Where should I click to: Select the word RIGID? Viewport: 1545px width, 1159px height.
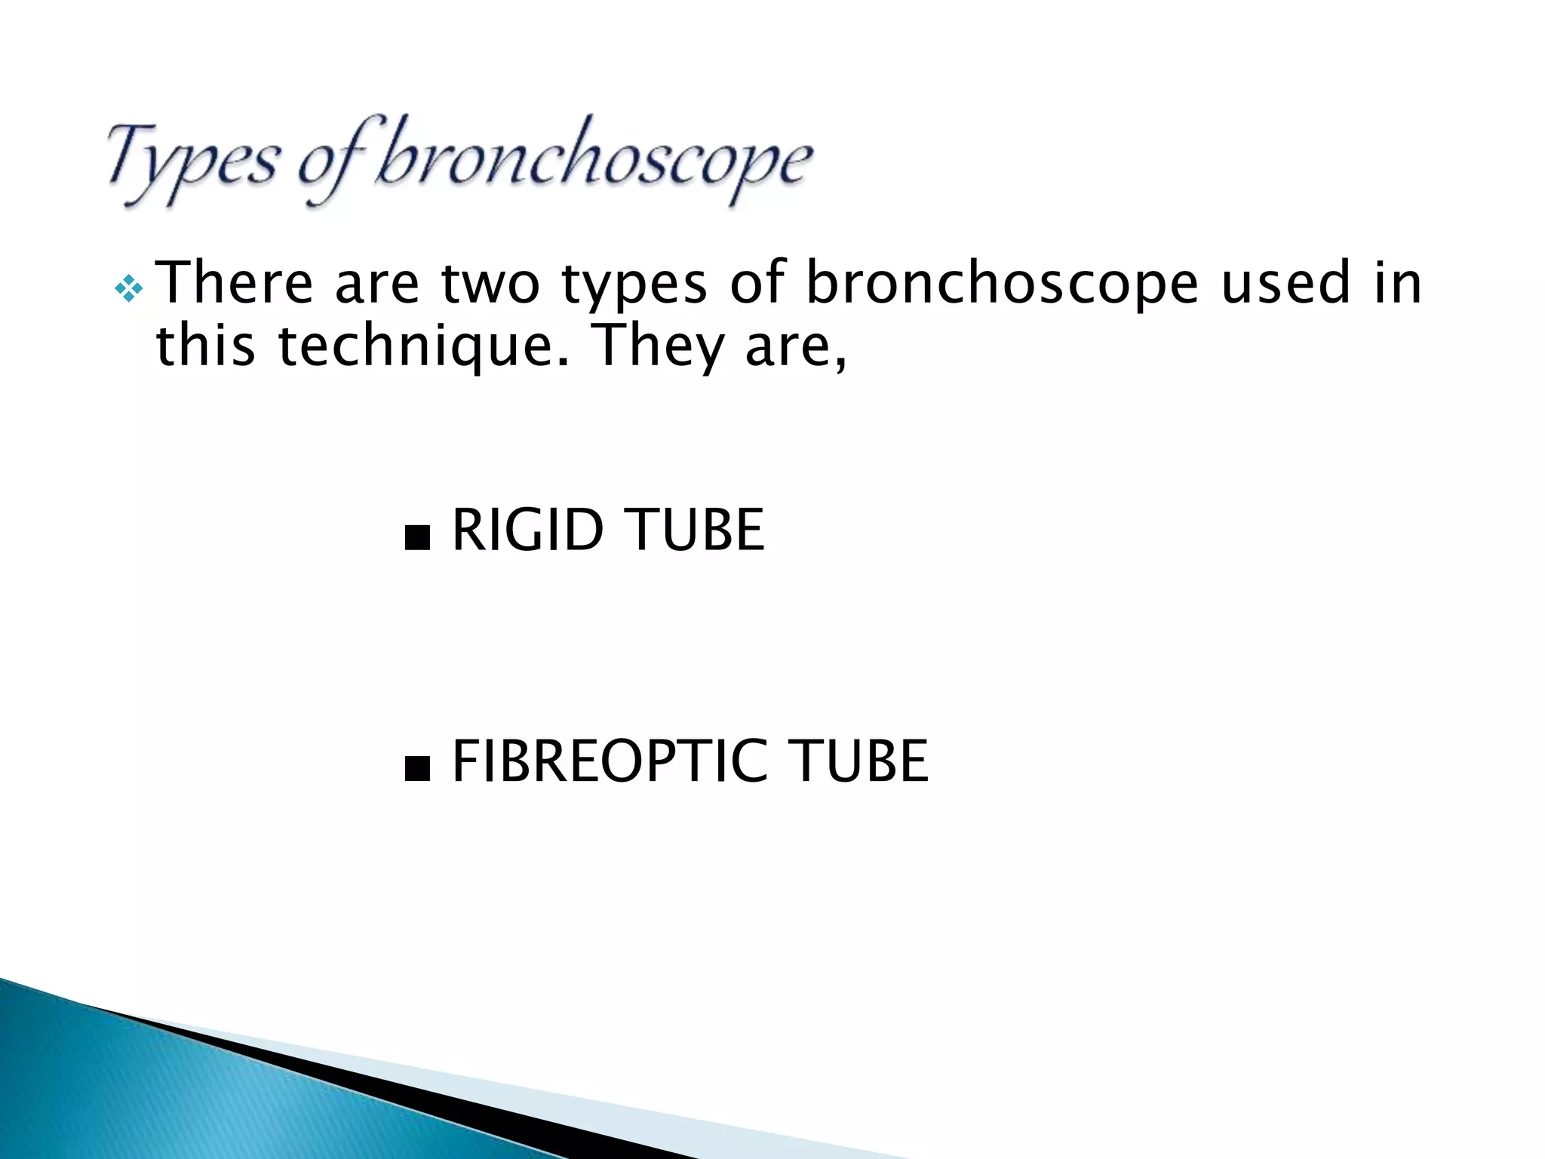pyautogui.click(x=527, y=530)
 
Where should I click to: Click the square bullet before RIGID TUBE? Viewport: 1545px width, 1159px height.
pyautogui.click(x=417, y=539)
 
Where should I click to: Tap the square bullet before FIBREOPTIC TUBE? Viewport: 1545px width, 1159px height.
pyautogui.click(x=417, y=770)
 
